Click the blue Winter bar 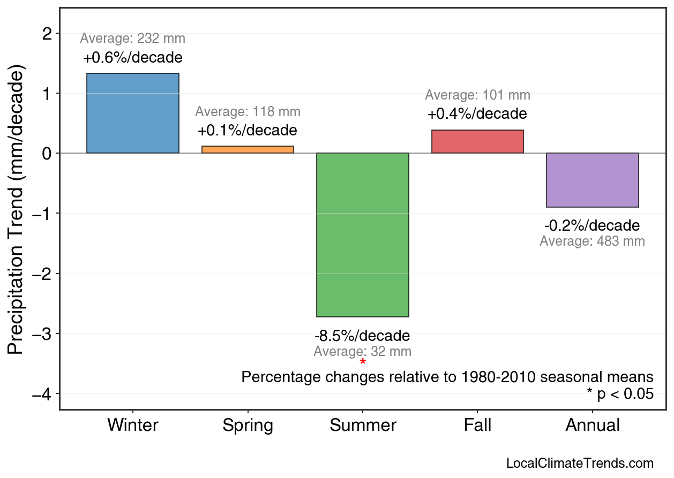(133, 113)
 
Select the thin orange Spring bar (248, 149)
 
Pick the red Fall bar (477, 141)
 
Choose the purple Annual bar (592, 180)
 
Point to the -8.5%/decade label (362, 336)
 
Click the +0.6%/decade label (133, 57)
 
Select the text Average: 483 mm (592, 241)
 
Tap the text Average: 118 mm (248, 112)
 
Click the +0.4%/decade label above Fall (477, 114)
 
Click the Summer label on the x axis (363, 426)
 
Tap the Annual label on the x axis (593, 426)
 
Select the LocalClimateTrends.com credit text (580, 464)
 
